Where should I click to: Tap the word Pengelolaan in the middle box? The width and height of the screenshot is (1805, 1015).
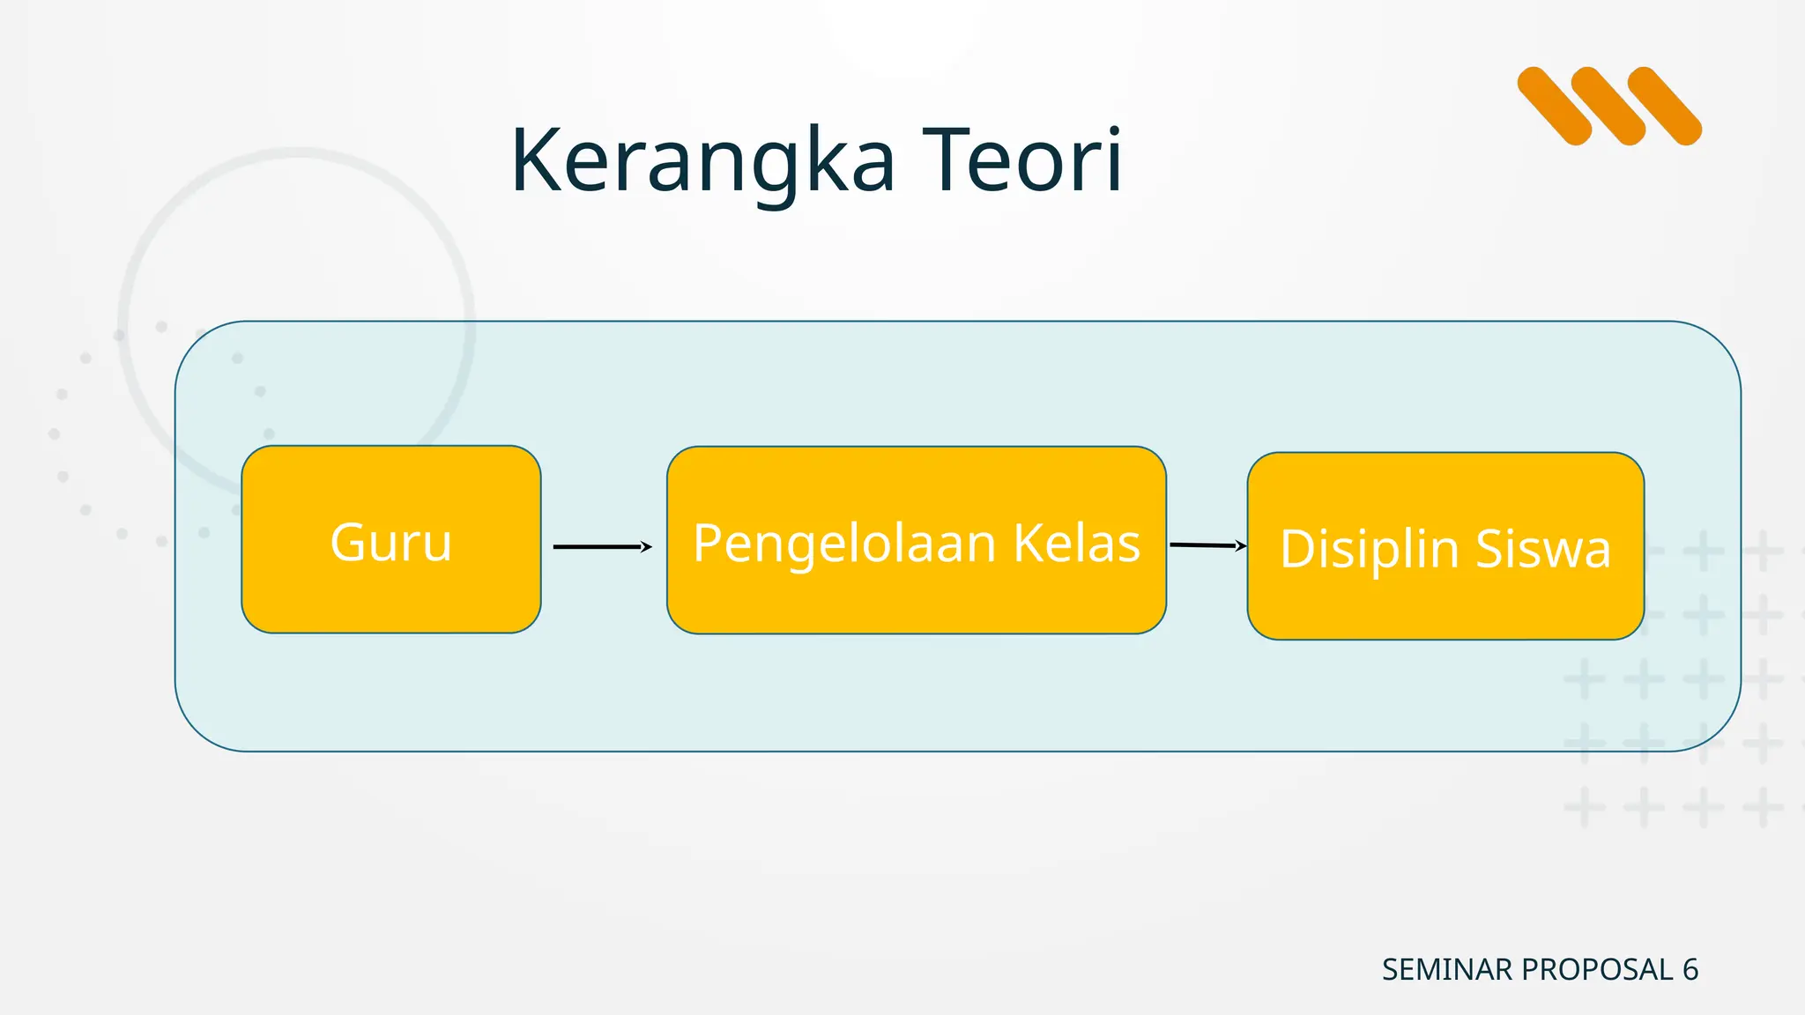(844, 544)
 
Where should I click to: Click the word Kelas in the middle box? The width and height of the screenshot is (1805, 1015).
(1076, 544)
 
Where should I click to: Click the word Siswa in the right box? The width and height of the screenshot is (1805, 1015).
(1543, 550)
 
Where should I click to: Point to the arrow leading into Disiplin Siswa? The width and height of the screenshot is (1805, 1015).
(1206, 545)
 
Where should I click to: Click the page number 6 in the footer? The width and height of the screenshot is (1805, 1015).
(1690, 970)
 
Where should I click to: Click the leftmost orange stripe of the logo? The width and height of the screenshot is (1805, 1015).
(1555, 106)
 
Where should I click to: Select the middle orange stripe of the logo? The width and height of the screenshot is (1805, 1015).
(1608, 106)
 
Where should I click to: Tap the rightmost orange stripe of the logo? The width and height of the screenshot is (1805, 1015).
(1664, 106)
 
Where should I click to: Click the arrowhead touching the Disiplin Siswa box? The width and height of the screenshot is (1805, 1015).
(1241, 546)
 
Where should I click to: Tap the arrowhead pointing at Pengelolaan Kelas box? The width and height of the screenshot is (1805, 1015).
(646, 547)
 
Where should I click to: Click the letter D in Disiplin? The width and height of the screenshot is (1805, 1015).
(1298, 550)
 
